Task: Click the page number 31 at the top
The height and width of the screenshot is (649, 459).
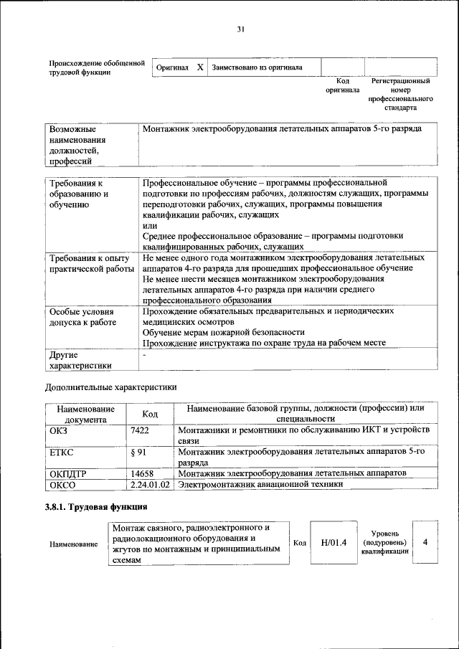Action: pyautogui.click(x=241, y=29)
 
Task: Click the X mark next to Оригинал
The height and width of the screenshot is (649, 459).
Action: pyautogui.click(x=200, y=67)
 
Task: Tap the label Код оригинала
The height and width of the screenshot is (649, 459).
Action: pyautogui.click(x=342, y=86)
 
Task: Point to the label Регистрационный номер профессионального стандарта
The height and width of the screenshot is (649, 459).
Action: pyautogui.click(x=400, y=95)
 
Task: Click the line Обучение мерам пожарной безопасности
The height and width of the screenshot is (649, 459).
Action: pyautogui.click(x=223, y=332)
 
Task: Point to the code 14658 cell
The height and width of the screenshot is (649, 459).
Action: pyautogui.click(x=143, y=473)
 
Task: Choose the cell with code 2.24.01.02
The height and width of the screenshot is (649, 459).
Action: pyautogui.click(x=150, y=484)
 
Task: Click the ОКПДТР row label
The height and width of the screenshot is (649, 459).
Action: pyautogui.click(x=65, y=473)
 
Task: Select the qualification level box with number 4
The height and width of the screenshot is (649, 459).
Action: pyautogui.click(x=425, y=542)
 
